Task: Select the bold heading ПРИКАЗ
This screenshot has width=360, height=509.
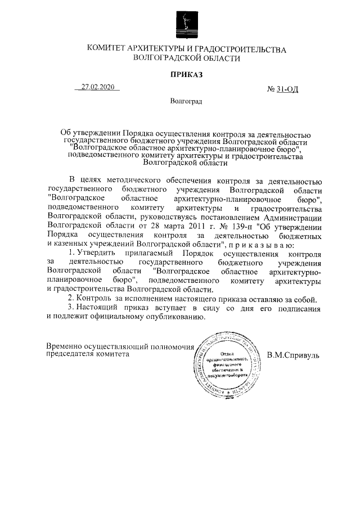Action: [x=186, y=74]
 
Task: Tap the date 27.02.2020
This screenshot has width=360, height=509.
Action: [x=97, y=87]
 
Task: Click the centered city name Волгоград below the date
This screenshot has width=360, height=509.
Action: [x=186, y=102]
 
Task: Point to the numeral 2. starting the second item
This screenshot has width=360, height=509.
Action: [x=70, y=298]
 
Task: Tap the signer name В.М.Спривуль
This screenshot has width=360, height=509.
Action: [x=293, y=355]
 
